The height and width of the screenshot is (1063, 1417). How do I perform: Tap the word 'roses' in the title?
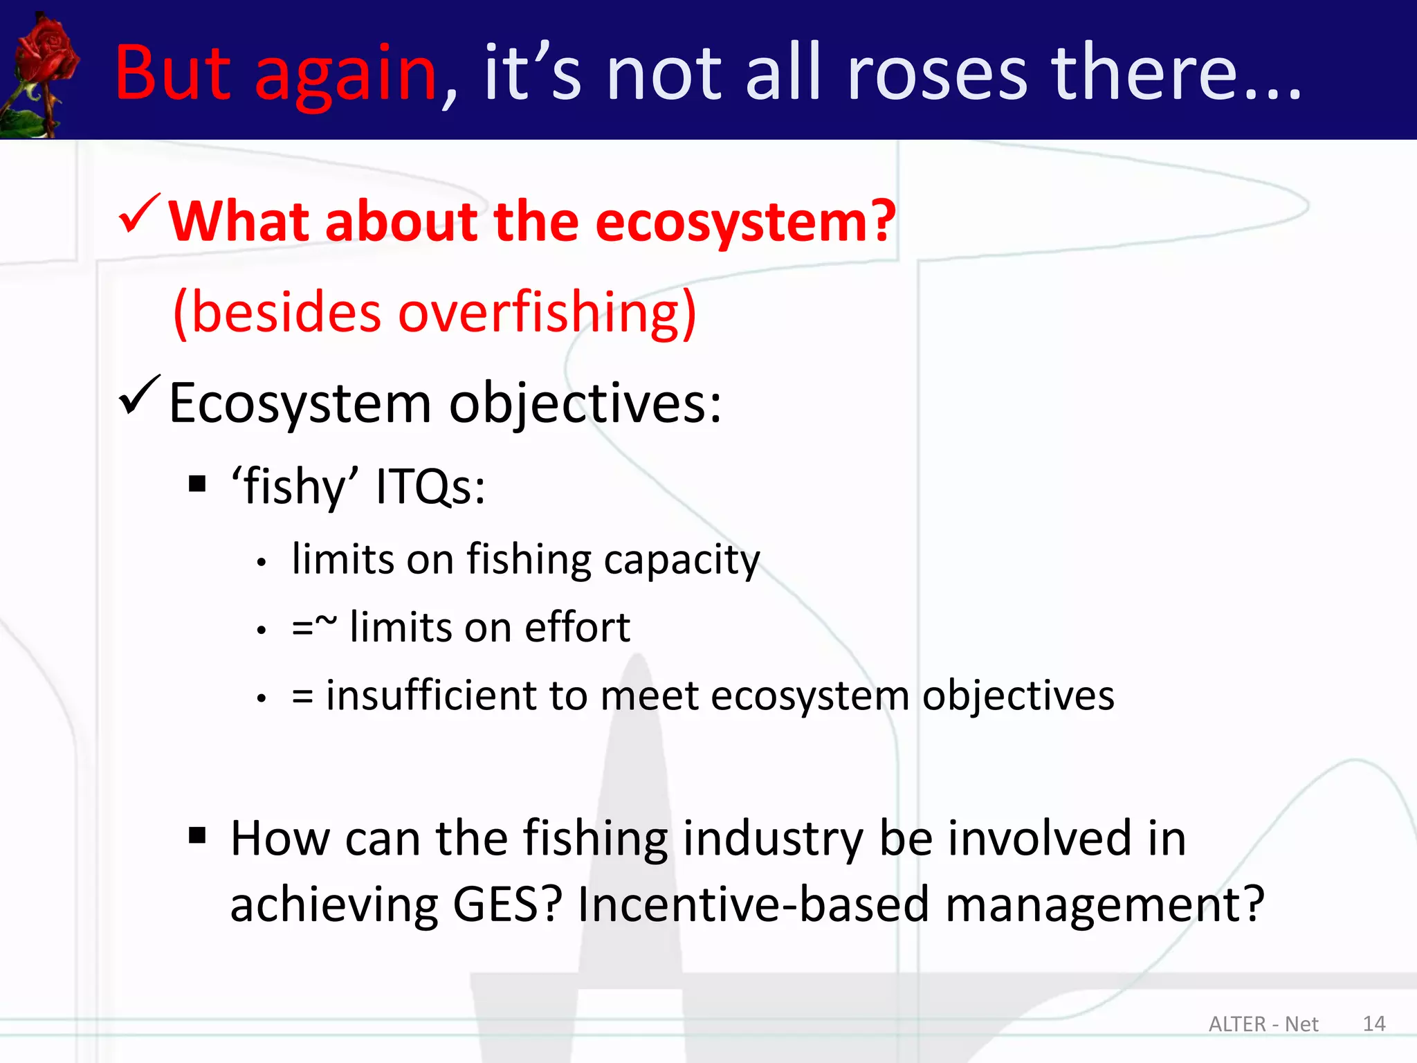[x=937, y=73]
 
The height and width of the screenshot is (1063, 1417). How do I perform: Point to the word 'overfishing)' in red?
[x=547, y=313]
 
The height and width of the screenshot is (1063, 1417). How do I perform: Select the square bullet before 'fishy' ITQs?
[x=198, y=484]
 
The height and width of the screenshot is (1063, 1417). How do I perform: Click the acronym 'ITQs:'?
[x=430, y=487]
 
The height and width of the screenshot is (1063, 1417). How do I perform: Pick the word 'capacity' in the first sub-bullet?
[x=682, y=561]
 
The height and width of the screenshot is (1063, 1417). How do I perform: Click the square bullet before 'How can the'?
[x=198, y=836]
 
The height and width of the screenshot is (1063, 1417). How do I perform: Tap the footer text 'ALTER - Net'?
[x=1263, y=1024]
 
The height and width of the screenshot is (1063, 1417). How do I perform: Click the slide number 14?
[x=1374, y=1024]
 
